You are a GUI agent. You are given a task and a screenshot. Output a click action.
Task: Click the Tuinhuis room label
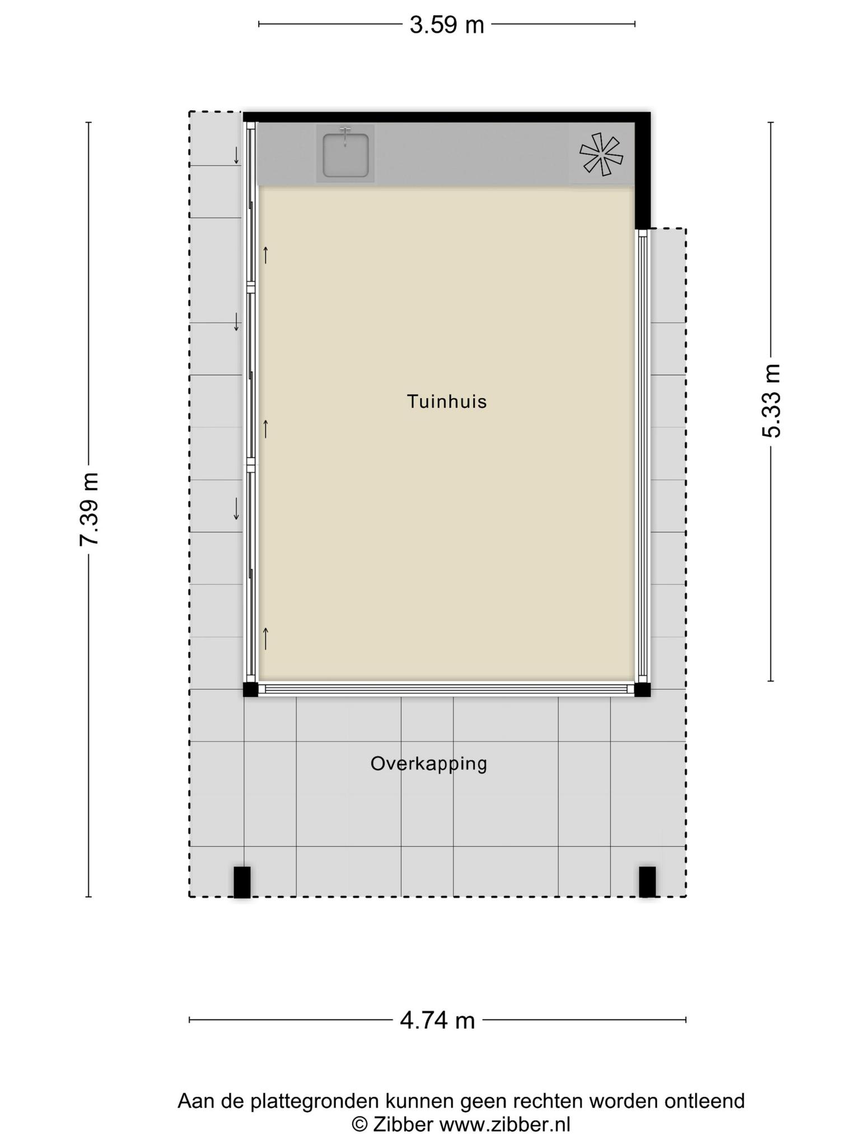click(446, 402)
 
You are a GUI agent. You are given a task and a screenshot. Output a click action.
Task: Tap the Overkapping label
click(429, 764)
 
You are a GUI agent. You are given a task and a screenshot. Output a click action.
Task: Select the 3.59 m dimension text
click(446, 25)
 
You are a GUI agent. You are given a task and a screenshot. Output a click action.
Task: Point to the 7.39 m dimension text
click(90, 509)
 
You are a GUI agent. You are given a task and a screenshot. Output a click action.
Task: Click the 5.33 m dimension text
click(771, 401)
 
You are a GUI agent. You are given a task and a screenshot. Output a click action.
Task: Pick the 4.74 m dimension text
click(437, 1020)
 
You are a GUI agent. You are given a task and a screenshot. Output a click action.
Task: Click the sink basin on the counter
click(345, 155)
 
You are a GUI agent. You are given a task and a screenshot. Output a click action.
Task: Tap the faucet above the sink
click(345, 135)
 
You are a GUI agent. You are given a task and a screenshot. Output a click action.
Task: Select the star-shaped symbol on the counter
click(601, 154)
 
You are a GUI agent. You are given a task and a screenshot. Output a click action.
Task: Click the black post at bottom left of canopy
click(242, 882)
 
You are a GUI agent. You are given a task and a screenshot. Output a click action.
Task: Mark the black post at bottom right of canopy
click(647, 882)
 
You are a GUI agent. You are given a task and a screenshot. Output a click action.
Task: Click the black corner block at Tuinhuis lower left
click(250, 689)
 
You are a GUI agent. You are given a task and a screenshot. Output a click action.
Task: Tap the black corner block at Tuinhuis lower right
click(643, 689)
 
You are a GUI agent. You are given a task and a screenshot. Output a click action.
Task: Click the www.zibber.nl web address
click(504, 1125)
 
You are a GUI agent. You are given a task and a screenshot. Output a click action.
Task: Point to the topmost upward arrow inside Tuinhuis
click(266, 255)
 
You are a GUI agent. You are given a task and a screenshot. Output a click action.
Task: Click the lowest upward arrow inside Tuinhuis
click(266, 638)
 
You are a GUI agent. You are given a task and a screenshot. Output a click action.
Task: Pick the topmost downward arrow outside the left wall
click(236, 155)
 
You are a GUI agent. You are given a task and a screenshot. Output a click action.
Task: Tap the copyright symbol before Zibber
click(359, 1125)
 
